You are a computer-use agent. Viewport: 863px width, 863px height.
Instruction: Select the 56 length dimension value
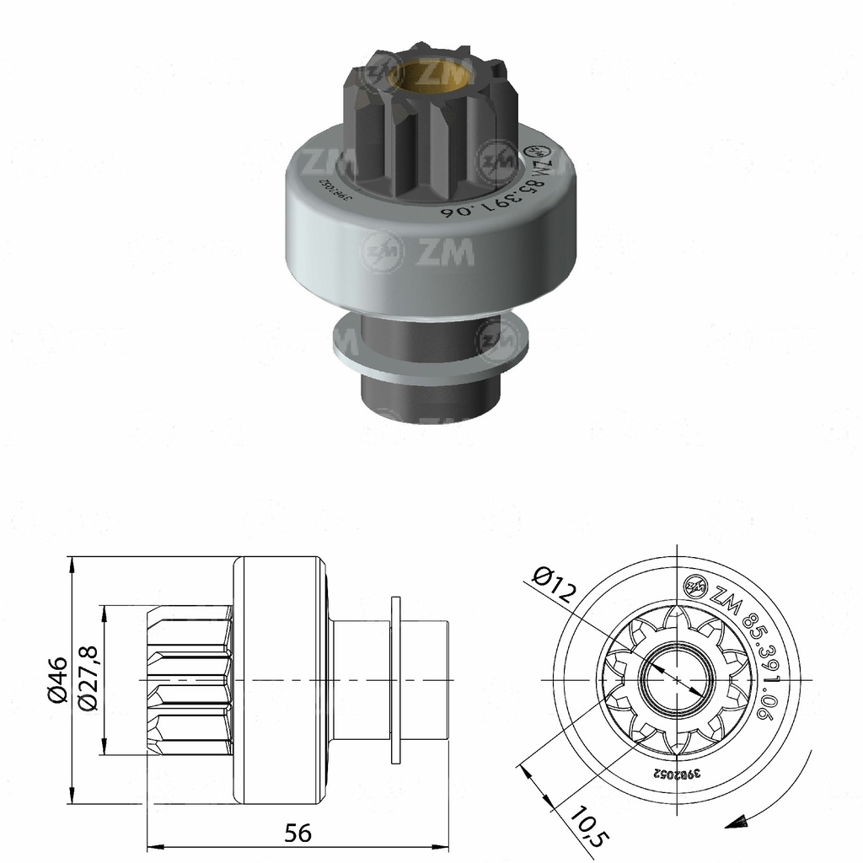click(x=297, y=833)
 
